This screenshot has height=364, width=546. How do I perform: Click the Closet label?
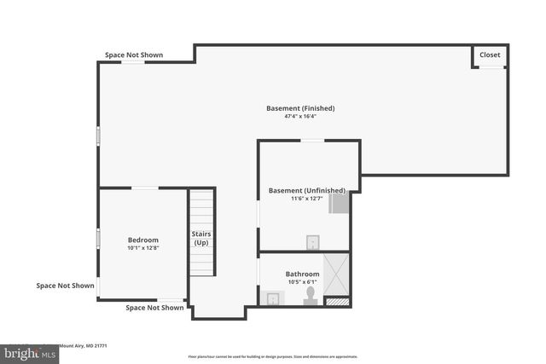coord(490,55)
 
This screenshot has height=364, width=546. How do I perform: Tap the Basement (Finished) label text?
coord(300,108)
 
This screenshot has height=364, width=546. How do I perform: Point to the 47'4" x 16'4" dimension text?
coord(300,117)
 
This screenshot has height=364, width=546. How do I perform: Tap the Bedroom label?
coord(143,240)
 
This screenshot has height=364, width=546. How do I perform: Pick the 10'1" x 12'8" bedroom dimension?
coord(143,249)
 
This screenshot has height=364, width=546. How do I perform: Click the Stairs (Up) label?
coord(201,238)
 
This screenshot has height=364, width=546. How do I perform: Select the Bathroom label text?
coord(303,274)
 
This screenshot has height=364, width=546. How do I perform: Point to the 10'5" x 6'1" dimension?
coord(303,282)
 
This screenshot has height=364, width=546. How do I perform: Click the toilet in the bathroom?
coord(311,295)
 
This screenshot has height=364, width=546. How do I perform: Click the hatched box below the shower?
coord(338,301)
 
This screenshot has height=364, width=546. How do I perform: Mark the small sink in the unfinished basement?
coord(313,242)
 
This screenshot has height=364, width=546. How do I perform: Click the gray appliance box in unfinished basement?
coord(340,202)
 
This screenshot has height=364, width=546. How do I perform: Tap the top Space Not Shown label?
coord(134,55)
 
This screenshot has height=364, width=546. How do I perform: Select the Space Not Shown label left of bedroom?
coord(65,286)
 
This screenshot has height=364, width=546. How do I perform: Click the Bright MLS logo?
coord(28,352)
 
